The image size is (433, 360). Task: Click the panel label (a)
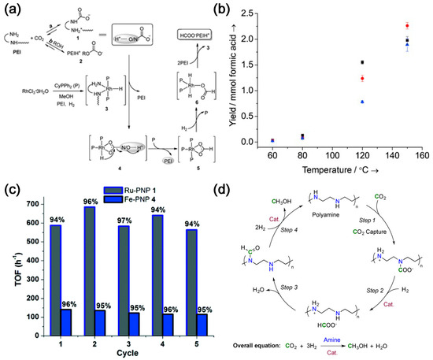(11, 9)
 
